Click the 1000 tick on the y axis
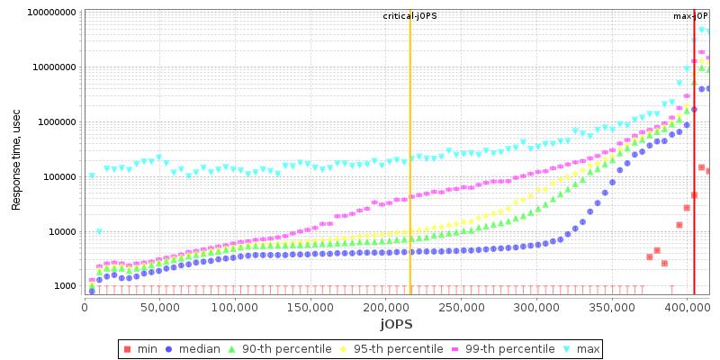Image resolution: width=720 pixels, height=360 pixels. pyautogui.click(x=63, y=286)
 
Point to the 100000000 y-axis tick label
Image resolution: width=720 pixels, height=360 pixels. pyautogui.click(x=43, y=13)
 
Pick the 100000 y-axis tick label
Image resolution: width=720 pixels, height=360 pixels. pyautogui.click(x=54, y=176)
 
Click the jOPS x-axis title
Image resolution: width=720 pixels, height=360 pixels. pyautogui.click(x=397, y=323)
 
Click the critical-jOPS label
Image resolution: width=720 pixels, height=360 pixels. pyautogui.click(x=409, y=16)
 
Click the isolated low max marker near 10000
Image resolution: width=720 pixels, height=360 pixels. pyautogui.click(x=99, y=232)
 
